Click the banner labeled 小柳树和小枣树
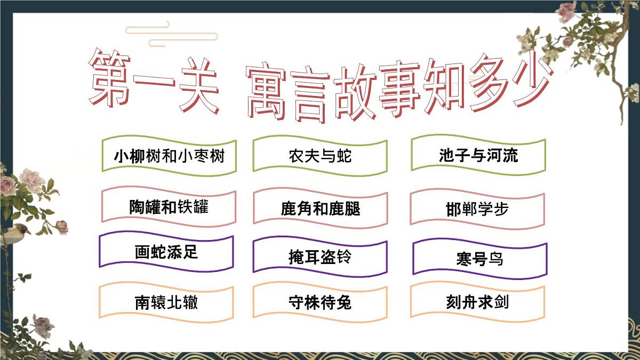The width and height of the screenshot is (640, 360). point(169,156)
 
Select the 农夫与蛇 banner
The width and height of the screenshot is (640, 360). point(320,156)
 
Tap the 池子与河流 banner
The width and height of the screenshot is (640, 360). point(478,155)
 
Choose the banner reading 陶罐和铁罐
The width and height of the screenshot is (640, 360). point(169,207)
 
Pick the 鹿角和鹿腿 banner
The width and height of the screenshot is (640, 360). point(320,208)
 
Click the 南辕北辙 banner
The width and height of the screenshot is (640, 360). point(166,302)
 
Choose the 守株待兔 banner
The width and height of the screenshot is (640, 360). point(320,302)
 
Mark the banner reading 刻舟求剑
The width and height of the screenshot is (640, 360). point(477,302)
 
